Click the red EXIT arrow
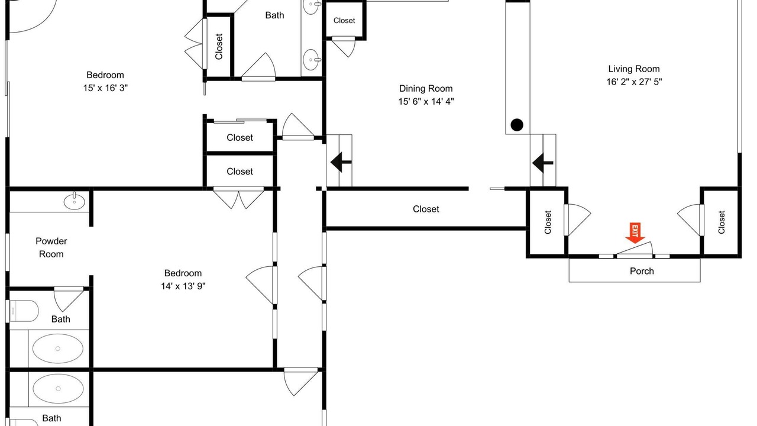pos(635,233)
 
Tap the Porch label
pos(642,271)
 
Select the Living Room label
pos(634,69)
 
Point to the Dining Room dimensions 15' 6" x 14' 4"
pos(426,101)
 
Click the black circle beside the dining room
pos(517,125)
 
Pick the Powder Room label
pos(51,247)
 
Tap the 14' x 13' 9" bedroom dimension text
pos(183,286)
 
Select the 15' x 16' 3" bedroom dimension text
pos(105,88)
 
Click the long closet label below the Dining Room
pos(426,209)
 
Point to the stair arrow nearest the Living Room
pos(542,163)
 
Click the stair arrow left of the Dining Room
pos(341,162)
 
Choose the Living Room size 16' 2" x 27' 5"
pos(634,82)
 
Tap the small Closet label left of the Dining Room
pos(344,21)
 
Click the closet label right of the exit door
pos(722,222)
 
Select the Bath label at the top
pos(274,15)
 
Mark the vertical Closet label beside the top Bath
pos(219,47)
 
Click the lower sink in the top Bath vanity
pos(311,60)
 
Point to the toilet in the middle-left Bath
pos(22,311)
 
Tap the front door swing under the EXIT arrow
pos(635,249)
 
